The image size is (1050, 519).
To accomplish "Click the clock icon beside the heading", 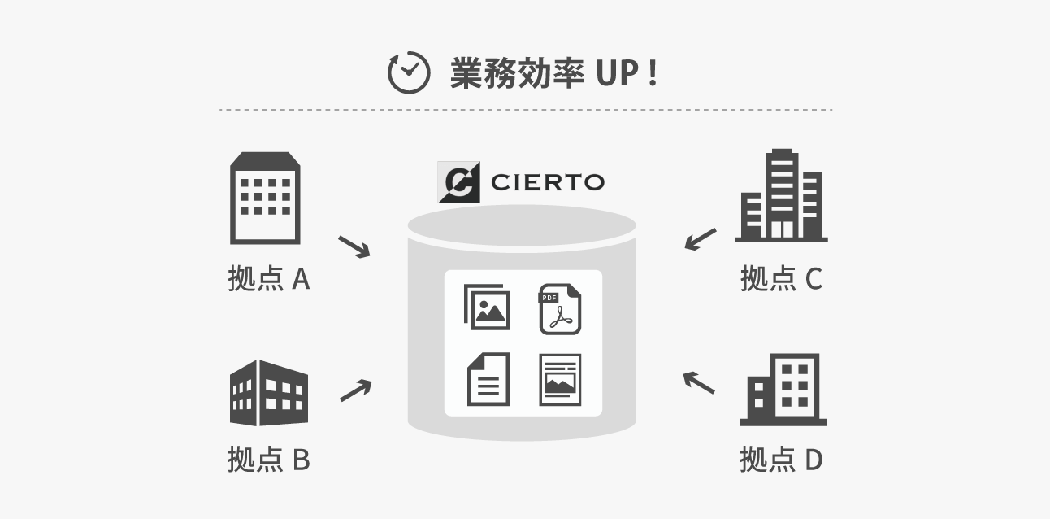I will point(408,73).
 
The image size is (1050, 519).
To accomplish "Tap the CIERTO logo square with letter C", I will point(458,182).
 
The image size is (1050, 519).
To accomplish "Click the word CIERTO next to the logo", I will point(548,182).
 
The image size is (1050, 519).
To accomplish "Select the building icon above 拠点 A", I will point(265,198).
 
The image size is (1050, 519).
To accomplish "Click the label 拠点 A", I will point(269,279).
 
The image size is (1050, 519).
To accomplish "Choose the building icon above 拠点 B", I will point(269,393).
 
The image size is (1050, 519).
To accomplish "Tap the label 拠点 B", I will point(269,460).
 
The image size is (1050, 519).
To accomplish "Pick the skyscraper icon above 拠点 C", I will point(781,195).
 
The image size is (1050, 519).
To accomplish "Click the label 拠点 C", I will point(781,279).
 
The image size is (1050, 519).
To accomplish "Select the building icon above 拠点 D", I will point(783,390).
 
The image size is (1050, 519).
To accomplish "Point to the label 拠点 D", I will point(781,460).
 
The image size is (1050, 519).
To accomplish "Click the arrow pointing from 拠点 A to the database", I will point(354,246).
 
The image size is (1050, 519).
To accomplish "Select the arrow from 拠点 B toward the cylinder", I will point(355,391).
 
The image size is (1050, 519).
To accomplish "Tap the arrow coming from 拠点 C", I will point(701,239).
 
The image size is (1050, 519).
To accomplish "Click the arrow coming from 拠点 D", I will point(699,382).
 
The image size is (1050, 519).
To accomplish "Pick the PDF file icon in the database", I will point(560,309).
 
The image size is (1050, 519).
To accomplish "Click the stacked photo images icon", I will point(487,307).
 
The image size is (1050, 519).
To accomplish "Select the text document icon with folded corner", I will point(488,379).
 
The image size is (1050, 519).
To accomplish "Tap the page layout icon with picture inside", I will point(560,379).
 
